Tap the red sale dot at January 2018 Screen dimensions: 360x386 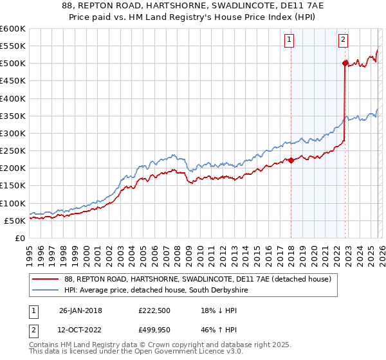coord(291,160)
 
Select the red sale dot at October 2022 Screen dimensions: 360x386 coord(345,63)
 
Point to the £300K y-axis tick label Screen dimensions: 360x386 coord(13,133)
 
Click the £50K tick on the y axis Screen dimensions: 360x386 coord(15,221)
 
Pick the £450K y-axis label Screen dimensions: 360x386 coord(13,81)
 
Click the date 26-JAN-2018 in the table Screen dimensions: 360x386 coord(80,310)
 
